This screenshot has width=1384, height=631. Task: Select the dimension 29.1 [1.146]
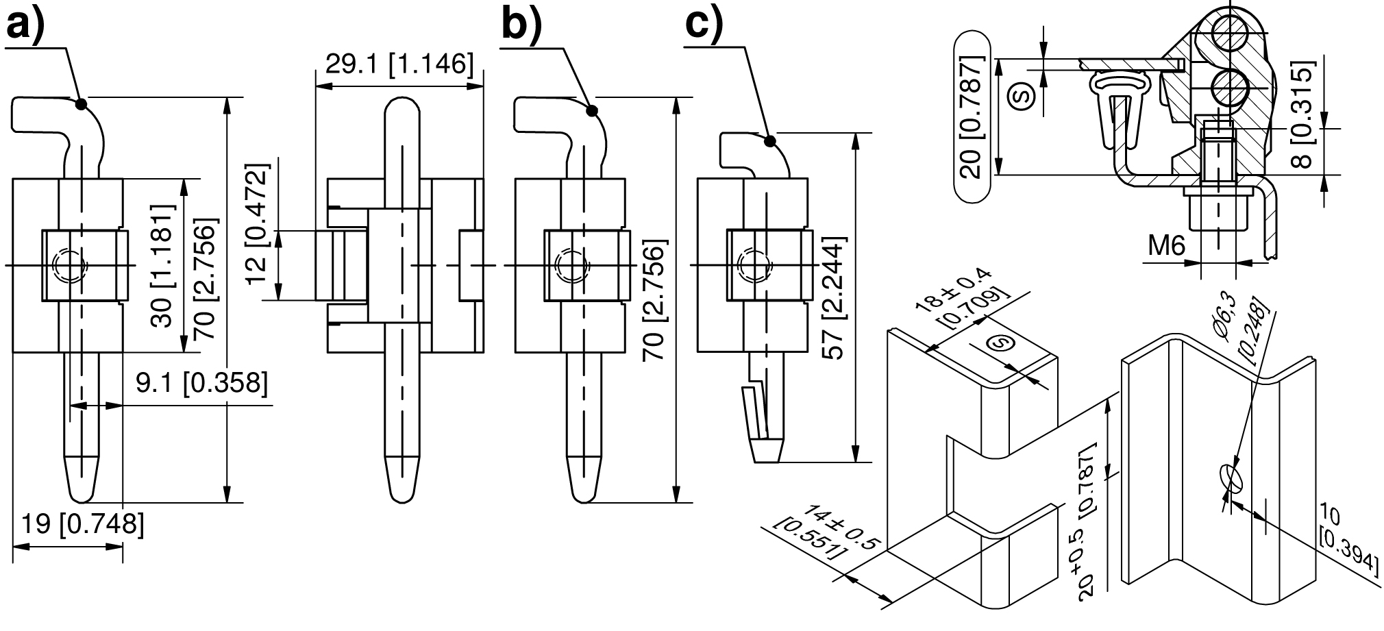399,64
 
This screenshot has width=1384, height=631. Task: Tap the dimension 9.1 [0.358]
201,383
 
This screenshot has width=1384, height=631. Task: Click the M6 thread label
1166,247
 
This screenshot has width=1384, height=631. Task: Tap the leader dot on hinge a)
82,104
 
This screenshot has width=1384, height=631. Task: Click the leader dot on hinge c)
770,141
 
